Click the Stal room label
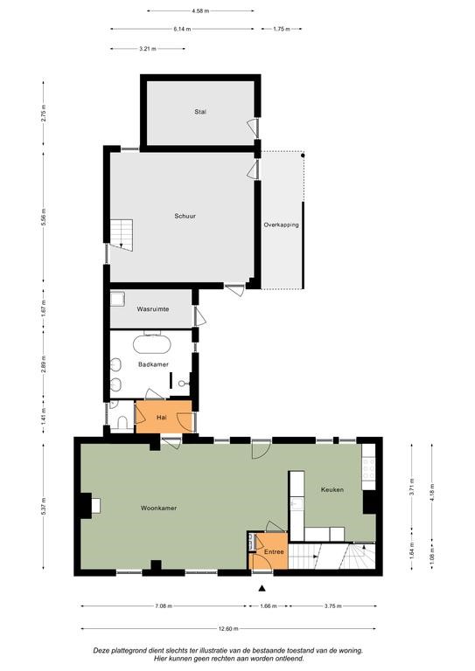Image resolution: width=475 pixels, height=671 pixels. point(200,112)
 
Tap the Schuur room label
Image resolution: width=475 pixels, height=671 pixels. point(185,216)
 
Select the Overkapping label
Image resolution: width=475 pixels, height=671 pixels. point(281,225)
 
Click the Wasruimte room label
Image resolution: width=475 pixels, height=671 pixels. point(153,309)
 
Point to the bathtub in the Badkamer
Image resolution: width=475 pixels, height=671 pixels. point(152,344)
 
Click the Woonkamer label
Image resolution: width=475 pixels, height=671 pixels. point(158,508)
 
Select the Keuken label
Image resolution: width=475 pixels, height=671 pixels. point(332,489)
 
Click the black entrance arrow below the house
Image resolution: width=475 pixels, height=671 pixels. point(262,588)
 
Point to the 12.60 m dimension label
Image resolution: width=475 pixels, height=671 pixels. point(228,629)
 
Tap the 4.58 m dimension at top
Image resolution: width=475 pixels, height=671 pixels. point(200,10)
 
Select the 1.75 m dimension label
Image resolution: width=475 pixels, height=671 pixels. point(282,29)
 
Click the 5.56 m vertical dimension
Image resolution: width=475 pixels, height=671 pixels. point(44,217)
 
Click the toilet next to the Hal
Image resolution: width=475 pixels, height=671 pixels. point(122,423)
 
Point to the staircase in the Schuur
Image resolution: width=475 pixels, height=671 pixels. point(122,235)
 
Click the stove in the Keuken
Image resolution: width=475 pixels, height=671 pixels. point(368,468)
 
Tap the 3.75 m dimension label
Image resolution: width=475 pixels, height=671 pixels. point(332,606)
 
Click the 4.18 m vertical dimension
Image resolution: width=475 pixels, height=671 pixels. point(432,492)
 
